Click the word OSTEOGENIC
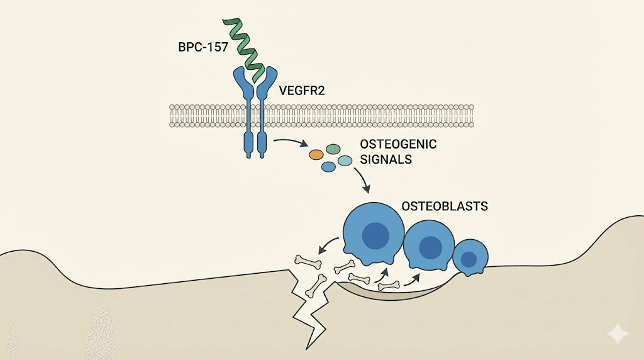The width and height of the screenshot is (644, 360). pos(397,145)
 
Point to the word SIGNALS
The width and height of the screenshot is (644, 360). pos(385,159)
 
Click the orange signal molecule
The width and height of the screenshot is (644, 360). pos(316,154)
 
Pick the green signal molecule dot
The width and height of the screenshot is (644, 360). pos(333,149)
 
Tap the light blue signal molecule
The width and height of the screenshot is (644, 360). pos(345,162)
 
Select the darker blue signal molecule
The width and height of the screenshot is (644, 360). pos(328,167)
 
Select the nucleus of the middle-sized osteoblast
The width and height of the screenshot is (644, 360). pos(430,246)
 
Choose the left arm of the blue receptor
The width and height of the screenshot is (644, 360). pos(243,85)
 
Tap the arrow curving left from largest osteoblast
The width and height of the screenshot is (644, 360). pos(329,245)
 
